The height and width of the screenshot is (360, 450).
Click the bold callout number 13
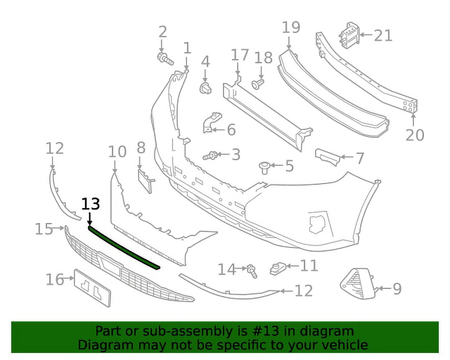pyautogui.click(x=90, y=205)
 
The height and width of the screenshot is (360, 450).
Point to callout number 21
pyautogui.click(x=383, y=36)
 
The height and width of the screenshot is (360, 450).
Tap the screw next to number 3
pyautogui.click(x=210, y=155)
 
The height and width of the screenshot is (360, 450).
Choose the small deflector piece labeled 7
pyautogui.click(x=327, y=157)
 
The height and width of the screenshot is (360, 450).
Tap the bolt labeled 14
pyautogui.click(x=252, y=270)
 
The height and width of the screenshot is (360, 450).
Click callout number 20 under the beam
pyautogui.click(x=415, y=135)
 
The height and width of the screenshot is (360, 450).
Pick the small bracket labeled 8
pyautogui.click(x=145, y=180)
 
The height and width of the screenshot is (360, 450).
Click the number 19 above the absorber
pyautogui.click(x=291, y=27)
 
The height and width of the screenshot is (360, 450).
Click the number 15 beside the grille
pyautogui.click(x=44, y=229)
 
